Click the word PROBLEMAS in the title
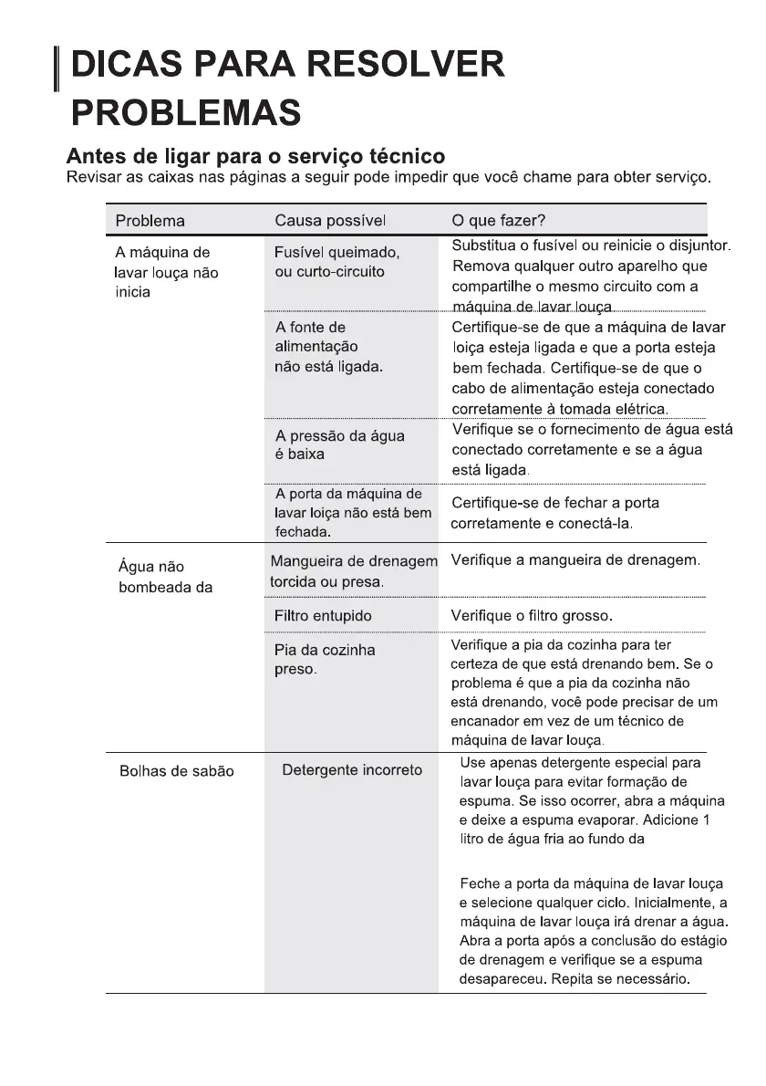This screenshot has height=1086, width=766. point(186,113)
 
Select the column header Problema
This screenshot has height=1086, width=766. point(150,221)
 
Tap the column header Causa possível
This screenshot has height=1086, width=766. point(330,221)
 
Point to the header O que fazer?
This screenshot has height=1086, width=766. point(499,221)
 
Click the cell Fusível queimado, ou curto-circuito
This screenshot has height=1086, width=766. point(336,262)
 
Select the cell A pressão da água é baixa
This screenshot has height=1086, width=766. point(339,444)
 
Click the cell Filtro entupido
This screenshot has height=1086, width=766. point(323,616)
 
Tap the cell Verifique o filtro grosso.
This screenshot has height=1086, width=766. point(532,616)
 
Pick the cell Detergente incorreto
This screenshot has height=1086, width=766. point(352,770)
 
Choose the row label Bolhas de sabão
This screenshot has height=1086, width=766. point(177,771)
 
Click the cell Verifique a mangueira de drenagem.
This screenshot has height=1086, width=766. point(575,559)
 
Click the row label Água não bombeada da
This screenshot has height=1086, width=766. point(165,578)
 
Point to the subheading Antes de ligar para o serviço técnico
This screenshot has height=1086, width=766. point(256,155)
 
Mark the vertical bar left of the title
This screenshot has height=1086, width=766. point(57,69)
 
